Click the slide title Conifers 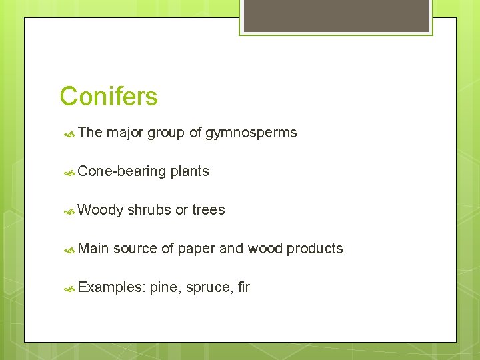click(x=109, y=97)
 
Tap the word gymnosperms click(x=251, y=133)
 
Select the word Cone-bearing click(x=122, y=171)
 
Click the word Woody click(x=100, y=210)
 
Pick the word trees click(x=209, y=210)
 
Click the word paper click(x=197, y=249)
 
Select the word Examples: click(x=111, y=287)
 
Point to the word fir click(x=243, y=287)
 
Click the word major click(x=125, y=133)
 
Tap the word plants click(x=189, y=171)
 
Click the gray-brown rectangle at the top click(x=336, y=15)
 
